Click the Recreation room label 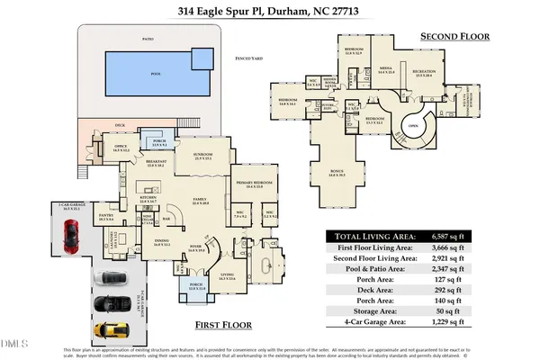[x=424, y=71]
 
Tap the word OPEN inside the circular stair [x=416, y=126]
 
